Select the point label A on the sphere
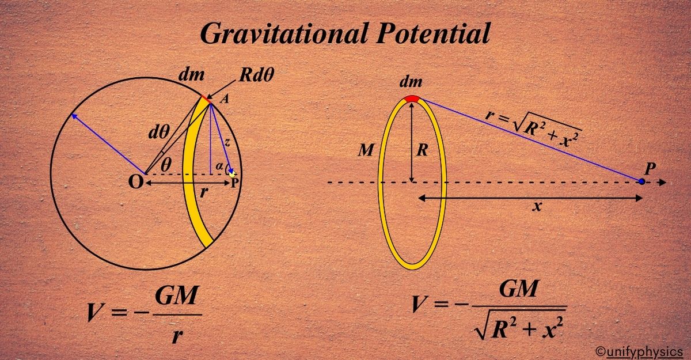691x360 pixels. click(224, 99)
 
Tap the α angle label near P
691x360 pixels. click(219, 166)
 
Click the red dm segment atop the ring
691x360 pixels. click(411, 98)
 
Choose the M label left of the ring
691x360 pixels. click(366, 151)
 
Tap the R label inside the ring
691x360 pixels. click(422, 151)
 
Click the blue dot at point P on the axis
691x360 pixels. click(641, 181)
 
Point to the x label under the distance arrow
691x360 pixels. click(537, 207)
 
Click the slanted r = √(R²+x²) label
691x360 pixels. click(533, 126)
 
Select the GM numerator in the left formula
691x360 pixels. click(176, 300)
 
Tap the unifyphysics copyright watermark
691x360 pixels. click(639, 351)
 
